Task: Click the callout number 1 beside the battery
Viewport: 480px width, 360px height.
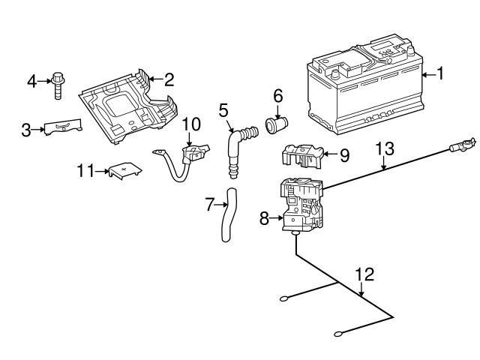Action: coord(441,73)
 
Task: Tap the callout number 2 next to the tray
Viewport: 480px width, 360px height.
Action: coord(169,77)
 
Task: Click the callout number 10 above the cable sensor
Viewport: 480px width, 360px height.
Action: coord(192,123)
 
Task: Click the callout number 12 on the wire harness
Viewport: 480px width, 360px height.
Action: coord(364,274)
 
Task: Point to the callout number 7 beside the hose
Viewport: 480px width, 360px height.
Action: coord(210,203)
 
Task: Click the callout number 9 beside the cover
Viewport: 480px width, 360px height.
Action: coord(344,156)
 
